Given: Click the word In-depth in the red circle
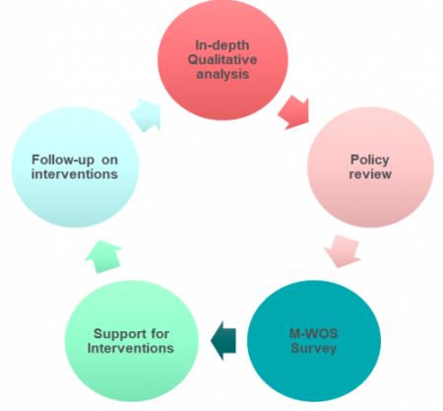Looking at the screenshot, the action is tap(222, 45).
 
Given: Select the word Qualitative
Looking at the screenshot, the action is tap(222, 59).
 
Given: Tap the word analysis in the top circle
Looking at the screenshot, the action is tap(222, 74).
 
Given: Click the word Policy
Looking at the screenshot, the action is tap(370, 161).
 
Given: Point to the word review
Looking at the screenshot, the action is tap(370, 174).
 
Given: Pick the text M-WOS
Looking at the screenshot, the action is tap(313, 334).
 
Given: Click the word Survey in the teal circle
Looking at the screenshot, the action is tap(314, 348).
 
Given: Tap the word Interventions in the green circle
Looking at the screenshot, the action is tap(131, 348).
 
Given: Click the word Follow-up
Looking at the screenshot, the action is tap(63, 161).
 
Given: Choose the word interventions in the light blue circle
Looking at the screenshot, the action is tap(75, 174).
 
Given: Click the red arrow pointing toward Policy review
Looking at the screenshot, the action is tap(293, 112).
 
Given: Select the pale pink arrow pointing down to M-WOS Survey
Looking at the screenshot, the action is tap(343, 251).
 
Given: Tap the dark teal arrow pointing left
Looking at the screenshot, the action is tap(223, 341).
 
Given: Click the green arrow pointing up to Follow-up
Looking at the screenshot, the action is tap(104, 256).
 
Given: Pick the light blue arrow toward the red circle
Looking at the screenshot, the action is tap(145, 115).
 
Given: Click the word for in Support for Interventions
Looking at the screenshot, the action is tap(159, 334).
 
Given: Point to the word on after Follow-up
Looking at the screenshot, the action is tap(109, 161).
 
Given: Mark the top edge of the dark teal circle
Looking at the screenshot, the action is tap(314, 280).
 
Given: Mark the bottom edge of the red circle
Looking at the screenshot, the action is tap(222, 120).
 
